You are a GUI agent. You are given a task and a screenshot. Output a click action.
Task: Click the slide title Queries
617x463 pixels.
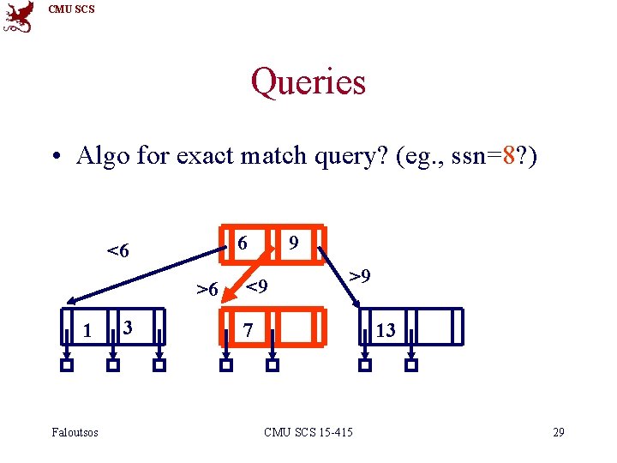(308, 82)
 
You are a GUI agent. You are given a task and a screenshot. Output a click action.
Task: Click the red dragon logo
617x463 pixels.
(19, 17)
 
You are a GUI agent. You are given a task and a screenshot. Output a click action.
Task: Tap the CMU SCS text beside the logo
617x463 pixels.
(72, 9)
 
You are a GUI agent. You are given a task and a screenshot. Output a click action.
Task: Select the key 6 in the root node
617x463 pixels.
(243, 244)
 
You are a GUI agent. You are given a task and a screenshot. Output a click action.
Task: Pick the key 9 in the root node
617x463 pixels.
(293, 244)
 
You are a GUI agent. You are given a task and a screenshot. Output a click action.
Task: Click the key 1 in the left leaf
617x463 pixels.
(87, 329)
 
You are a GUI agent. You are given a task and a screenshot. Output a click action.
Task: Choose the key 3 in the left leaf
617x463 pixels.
(127, 327)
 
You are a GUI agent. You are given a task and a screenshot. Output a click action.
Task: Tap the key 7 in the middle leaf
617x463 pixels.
(247, 330)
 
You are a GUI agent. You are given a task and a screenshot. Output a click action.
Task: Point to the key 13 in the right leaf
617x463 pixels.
(386, 330)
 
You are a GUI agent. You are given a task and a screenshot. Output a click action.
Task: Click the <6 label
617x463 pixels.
(117, 251)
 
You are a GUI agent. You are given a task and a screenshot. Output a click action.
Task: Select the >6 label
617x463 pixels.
(207, 290)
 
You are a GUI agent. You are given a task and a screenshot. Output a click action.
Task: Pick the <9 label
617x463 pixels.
(257, 285)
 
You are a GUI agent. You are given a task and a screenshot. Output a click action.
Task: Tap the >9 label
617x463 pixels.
(359, 276)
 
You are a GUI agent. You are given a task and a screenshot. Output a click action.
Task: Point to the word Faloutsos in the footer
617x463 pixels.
(75, 431)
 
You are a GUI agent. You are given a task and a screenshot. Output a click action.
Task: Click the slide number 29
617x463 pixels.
(558, 431)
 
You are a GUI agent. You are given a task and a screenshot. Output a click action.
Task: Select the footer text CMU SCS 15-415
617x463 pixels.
(308, 431)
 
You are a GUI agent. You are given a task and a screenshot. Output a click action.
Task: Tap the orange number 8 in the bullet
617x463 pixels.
(510, 156)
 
